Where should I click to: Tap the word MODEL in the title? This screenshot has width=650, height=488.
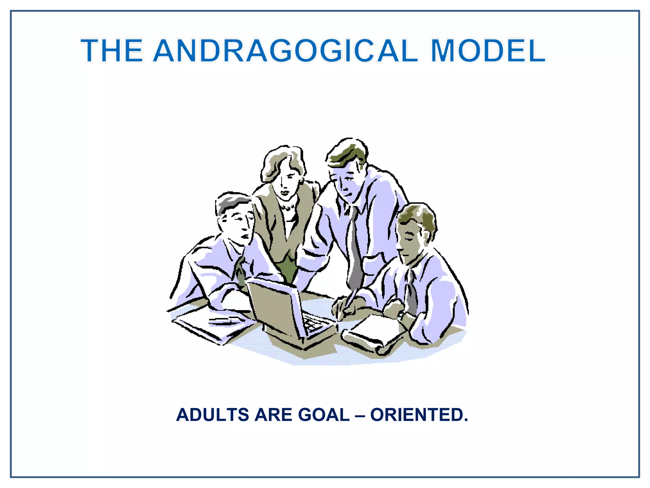[488, 51]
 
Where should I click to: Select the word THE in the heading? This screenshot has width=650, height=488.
[112, 51]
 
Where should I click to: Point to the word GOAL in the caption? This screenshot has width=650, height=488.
[324, 415]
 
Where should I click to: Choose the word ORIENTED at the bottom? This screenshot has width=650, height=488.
[419, 415]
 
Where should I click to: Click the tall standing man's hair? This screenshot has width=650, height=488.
[348, 152]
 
